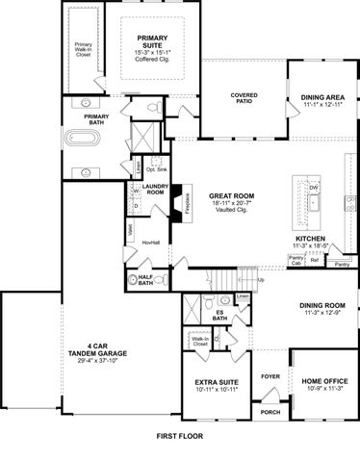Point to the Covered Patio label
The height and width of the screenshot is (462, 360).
[x=245, y=97]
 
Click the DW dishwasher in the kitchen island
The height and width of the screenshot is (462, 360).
[x=314, y=187]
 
